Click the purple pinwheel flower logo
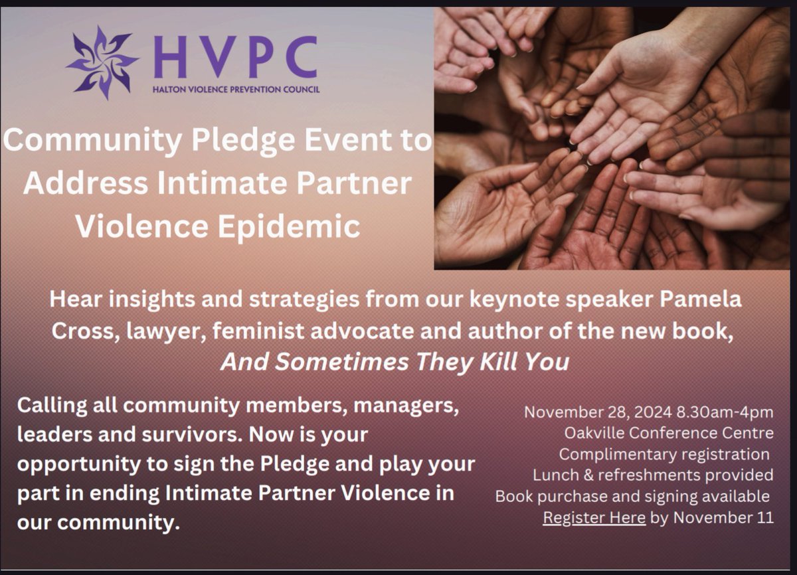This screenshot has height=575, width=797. [102, 62]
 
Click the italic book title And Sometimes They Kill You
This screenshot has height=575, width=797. [395, 363]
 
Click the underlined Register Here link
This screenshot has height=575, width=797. [594, 518]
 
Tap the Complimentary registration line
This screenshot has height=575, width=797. [664, 455]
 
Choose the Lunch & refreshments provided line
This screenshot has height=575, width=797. [653, 475]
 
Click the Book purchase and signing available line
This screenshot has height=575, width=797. [633, 497]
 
